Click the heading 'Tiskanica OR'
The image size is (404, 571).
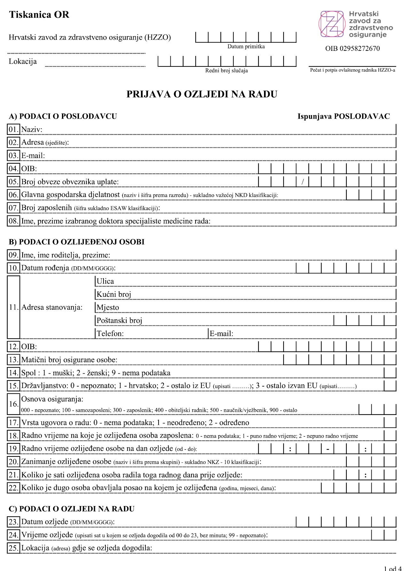(39, 15)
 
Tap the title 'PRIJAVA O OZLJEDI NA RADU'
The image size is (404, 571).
(202, 94)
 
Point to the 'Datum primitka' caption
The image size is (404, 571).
(246, 47)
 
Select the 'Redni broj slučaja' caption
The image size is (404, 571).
(226, 71)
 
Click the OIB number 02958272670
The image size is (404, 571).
(353, 49)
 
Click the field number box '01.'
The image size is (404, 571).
(13, 129)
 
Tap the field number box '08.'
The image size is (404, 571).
(13, 221)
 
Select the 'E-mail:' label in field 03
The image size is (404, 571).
(33, 156)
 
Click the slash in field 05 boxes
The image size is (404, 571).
(303, 182)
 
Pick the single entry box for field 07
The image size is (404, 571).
(390, 208)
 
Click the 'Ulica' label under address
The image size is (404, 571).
(105, 281)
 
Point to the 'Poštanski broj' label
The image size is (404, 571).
(119, 321)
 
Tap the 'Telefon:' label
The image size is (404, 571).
(110, 334)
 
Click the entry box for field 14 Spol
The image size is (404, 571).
(390, 373)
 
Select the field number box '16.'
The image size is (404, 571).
(13, 404)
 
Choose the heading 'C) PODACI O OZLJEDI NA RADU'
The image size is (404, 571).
(72, 509)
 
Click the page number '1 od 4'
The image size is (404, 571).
(392, 568)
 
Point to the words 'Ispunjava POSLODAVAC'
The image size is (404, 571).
(344, 116)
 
